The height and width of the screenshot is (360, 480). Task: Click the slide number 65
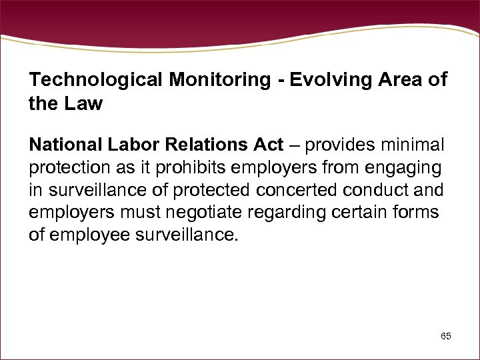pos(445,336)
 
